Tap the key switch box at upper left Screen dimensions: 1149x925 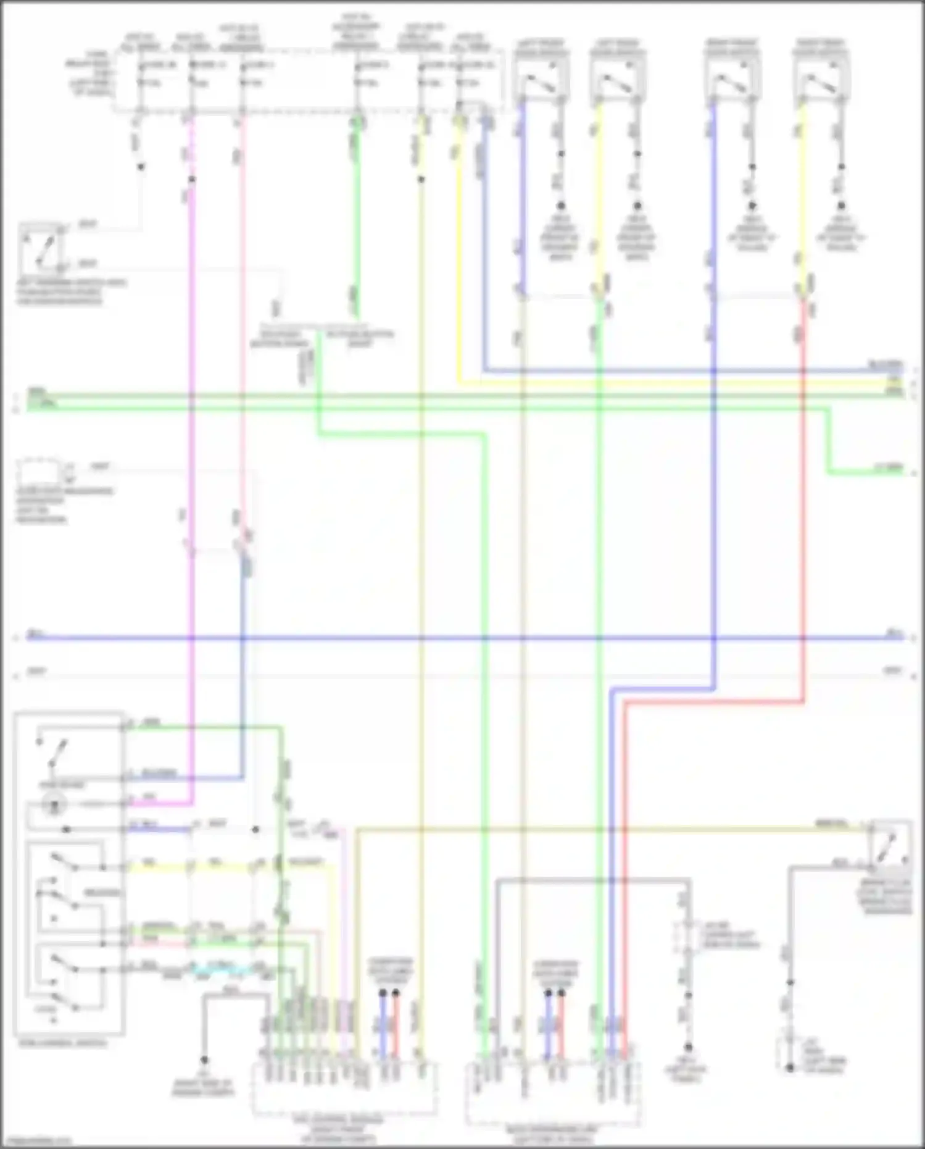pos(41,248)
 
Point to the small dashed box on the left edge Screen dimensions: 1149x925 pos(38,472)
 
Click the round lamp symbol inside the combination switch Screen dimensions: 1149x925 pos(54,804)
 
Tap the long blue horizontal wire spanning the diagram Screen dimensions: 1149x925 pos(463,637)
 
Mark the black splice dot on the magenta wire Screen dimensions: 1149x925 pos(192,179)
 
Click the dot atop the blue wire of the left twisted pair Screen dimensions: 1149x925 pos(383,993)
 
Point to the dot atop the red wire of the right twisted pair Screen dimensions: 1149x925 pos(562,993)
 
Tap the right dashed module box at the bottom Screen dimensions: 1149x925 pos(553,1093)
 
